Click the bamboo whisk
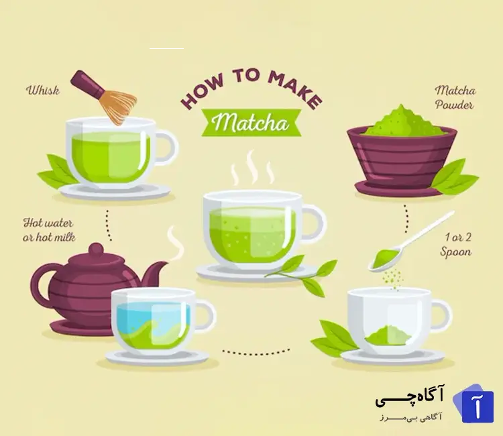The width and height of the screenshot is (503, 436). click(104, 97)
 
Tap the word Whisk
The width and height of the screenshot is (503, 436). click(43, 90)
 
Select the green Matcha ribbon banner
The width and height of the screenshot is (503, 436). click(251, 123)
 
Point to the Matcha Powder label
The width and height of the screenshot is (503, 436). click(455, 97)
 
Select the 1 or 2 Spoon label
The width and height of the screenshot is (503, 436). click(456, 244)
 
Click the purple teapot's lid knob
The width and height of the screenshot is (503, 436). click(96, 249)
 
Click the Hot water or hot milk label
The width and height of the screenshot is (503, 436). click(49, 229)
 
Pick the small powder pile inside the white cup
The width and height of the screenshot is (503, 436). click(388, 335)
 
